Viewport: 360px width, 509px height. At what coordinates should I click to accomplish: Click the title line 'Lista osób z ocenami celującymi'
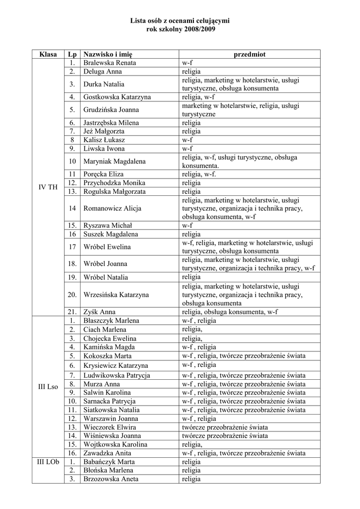point(180,21)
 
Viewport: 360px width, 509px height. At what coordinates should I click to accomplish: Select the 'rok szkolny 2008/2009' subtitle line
point(180,29)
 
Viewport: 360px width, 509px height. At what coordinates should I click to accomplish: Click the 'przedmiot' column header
point(250,54)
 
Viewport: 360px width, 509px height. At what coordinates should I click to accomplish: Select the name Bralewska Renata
point(109,63)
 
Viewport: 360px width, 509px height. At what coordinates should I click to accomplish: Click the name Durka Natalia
point(104,84)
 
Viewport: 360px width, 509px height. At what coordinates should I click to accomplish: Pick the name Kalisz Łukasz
point(104,140)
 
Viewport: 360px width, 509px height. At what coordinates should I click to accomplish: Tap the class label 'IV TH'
point(48,186)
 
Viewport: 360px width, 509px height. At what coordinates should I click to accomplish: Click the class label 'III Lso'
point(48,386)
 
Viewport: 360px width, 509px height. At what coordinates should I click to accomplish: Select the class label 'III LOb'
point(48,462)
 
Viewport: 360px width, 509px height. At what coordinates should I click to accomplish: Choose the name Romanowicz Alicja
point(112,208)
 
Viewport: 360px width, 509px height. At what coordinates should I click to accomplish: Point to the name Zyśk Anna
point(99,312)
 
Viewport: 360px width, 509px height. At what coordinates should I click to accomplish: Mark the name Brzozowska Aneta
point(111,479)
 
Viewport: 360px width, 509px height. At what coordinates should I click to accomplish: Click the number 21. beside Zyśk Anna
point(72,312)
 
